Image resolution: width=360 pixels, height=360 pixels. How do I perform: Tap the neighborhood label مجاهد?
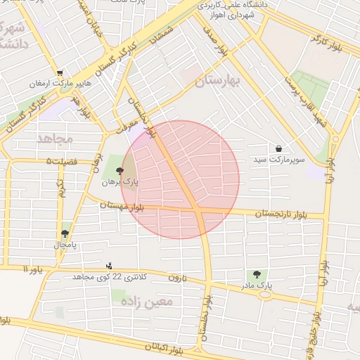pos(56,139)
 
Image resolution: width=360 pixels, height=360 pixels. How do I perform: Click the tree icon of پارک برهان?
pos(120,171)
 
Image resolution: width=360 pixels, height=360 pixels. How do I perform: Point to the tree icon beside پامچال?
pos(65,233)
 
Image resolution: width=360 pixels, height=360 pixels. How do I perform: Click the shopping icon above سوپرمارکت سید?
pos(280,149)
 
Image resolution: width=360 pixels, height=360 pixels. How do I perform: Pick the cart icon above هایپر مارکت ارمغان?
pos(60,72)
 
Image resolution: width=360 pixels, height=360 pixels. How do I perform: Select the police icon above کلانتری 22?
pos(109,266)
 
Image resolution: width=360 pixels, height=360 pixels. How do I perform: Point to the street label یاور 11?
pos(32,269)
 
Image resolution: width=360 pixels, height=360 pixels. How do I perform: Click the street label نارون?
pos(175,277)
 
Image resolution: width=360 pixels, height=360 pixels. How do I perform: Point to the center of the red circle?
pos(180,179)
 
